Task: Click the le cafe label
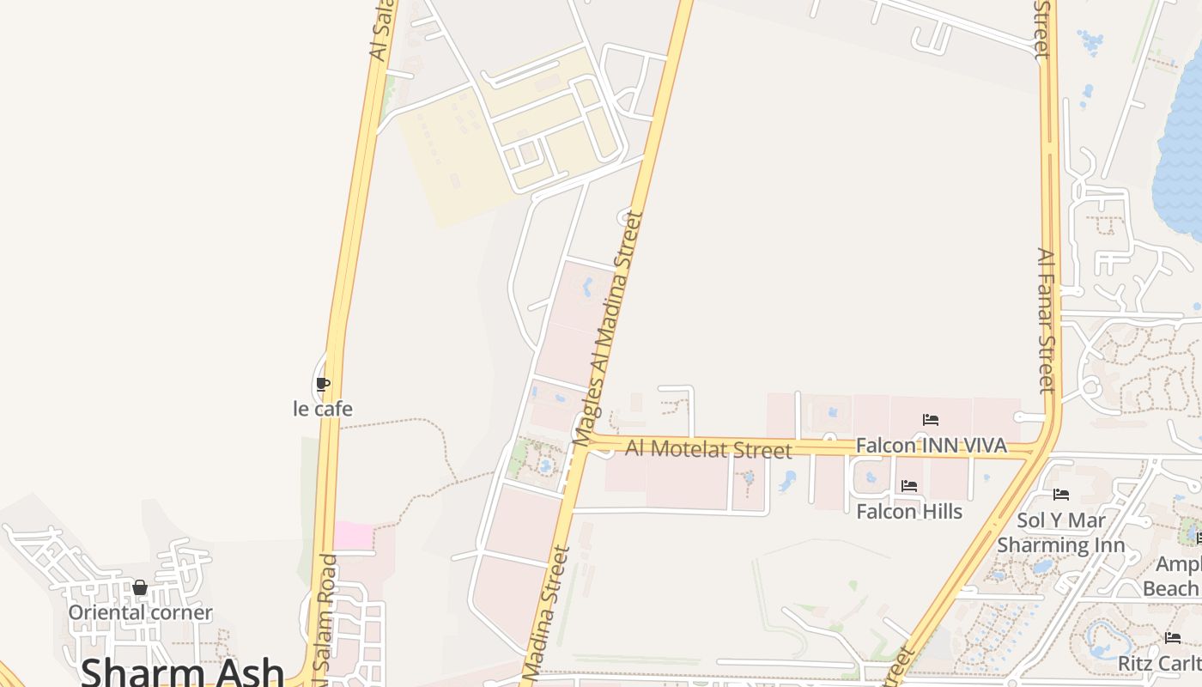click(x=323, y=409)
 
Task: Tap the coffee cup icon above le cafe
click(x=323, y=384)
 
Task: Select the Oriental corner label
click(x=140, y=612)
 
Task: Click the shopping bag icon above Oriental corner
click(x=140, y=588)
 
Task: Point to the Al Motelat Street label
click(x=708, y=448)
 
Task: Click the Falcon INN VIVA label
click(x=931, y=446)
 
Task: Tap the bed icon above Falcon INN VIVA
click(x=931, y=420)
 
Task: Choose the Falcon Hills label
click(x=909, y=511)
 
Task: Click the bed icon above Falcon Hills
click(x=909, y=486)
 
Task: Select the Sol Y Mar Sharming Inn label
click(x=1061, y=532)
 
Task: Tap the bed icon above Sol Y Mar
click(x=1061, y=495)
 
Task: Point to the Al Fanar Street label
click(x=1045, y=320)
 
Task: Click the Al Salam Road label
click(x=327, y=618)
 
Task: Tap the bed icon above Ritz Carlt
click(x=1173, y=638)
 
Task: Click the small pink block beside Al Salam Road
click(x=354, y=535)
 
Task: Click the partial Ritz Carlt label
click(x=1159, y=664)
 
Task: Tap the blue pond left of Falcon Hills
click(x=787, y=482)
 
